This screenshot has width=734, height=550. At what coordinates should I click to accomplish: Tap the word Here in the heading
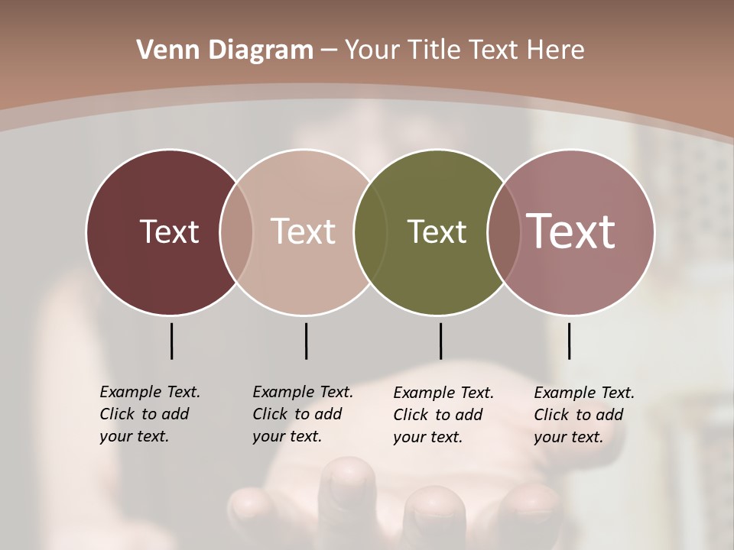[x=555, y=50]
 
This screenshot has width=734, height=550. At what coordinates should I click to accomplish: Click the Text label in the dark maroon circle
[x=169, y=231]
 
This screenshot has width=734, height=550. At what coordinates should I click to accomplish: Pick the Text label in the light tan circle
[x=303, y=231]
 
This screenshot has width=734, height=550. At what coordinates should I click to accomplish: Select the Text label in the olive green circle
[x=437, y=231]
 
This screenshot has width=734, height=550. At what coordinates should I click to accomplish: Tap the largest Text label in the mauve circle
[x=570, y=231]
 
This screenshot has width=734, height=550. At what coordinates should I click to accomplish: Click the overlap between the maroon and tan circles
[x=236, y=231]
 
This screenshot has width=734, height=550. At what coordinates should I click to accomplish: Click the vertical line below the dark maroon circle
[x=171, y=341]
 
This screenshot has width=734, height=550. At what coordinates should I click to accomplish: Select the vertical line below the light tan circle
[x=306, y=341]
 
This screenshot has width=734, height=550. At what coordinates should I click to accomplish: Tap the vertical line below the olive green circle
[x=440, y=341]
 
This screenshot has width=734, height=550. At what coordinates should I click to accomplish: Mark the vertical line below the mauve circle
[x=569, y=341]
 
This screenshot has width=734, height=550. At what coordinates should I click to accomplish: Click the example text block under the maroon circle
[x=149, y=414]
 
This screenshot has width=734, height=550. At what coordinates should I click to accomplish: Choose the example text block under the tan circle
[x=302, y=414]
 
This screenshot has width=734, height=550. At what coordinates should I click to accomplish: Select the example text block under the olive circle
[x=443, y=415]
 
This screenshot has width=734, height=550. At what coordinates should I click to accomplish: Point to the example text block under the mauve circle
[x=583, y=415]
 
